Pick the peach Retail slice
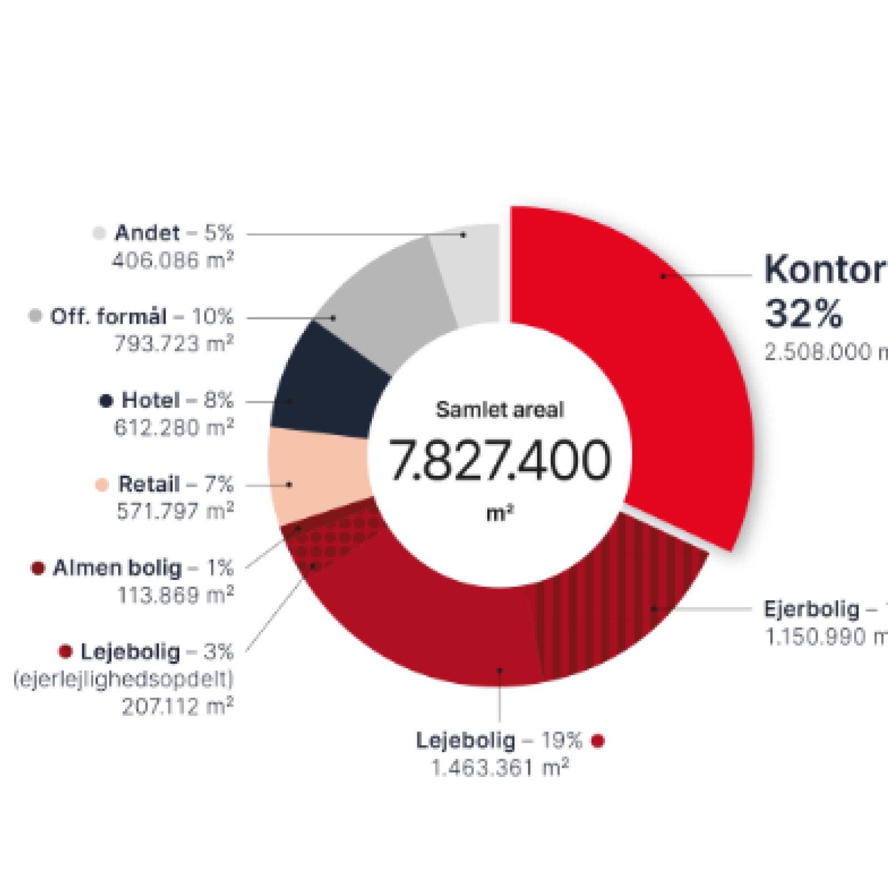(x=316, y=477)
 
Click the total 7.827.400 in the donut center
(x=500, y=460)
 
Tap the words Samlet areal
(x=500, y=410)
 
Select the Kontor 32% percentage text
(x=803, y=314)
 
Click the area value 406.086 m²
(x=173, y=260)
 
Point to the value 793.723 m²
(x=174, y=344)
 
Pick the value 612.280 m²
(x=174, y=428)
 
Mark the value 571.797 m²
(x=175, y=511)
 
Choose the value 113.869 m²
(x=175, y=596)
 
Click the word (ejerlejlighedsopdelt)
(x=123, y=679)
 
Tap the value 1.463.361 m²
(x=500, y=768)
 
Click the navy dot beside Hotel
(x=106, y=401)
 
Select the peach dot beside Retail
(x=102, y=485)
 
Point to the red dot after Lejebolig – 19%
(x=598, y=741)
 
